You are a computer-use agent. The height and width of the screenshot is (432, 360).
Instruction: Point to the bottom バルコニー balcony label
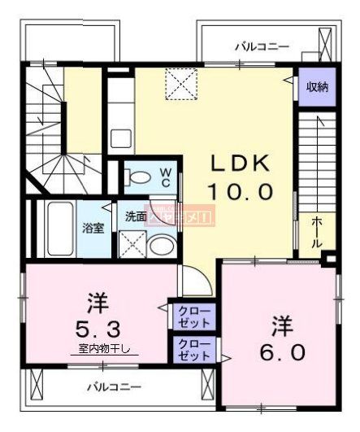click(115, 387)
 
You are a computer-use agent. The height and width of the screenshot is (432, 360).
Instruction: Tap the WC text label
click(165, 177)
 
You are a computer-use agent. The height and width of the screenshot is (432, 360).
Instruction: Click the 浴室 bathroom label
click(92, 228)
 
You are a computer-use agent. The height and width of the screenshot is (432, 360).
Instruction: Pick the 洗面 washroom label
click(136, 217)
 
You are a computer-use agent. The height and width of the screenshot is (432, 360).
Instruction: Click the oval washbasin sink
click(162, 246)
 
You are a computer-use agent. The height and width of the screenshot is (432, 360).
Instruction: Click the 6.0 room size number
click(283, 352)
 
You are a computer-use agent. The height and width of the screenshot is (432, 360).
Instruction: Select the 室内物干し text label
click(109, 349)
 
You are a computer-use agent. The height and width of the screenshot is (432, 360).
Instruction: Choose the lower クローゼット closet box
click(193, 350)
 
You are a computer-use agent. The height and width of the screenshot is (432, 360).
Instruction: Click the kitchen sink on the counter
click(121, 138)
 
